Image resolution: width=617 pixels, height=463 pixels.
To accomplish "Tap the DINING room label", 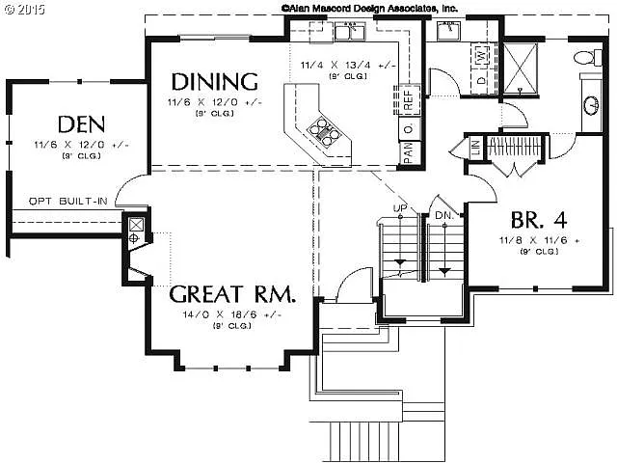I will [214, 81].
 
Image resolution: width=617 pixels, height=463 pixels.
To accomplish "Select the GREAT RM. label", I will [231, 294].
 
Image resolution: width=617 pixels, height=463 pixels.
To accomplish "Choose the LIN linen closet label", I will [476, 148].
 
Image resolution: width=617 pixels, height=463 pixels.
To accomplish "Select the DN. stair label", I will [444, 213].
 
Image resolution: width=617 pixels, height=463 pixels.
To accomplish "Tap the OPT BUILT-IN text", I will [67, 201].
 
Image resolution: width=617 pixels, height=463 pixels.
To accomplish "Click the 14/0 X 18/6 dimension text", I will [231, 313].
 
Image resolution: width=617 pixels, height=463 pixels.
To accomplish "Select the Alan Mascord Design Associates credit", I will [368, 7].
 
